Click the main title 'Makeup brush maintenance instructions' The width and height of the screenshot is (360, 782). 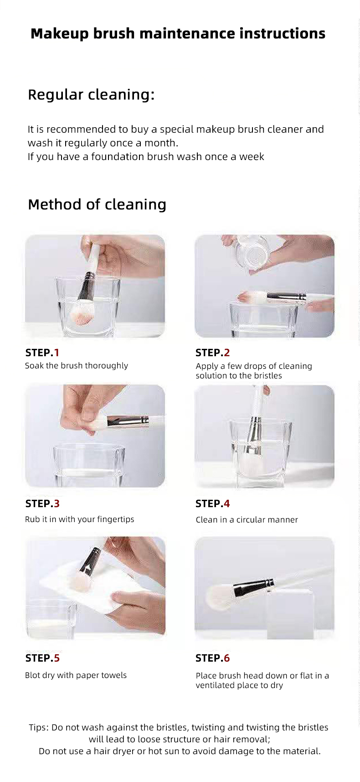coord(178,34)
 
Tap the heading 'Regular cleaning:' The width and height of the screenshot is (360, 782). coord(91,95)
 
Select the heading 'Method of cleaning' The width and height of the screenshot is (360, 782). coord(97,204)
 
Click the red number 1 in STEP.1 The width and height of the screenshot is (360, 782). coord(57,352)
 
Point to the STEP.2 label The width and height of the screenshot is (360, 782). coord(212,352)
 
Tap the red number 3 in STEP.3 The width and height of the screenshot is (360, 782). coord(57,503)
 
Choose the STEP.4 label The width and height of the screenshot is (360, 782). coord(212,503)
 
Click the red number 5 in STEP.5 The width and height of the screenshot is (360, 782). coord(57,658)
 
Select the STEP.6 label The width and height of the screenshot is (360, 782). coord(212,658)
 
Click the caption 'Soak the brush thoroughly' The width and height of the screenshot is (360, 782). coord(76,366)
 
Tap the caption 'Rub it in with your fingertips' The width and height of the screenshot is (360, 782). coord(79,519)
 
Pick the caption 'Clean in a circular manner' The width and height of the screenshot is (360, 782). coord(247,520)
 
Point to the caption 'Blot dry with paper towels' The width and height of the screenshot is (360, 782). coord(76,675)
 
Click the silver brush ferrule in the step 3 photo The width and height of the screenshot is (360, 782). coord(128,421)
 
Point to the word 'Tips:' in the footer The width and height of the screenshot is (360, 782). coord(39,727)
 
